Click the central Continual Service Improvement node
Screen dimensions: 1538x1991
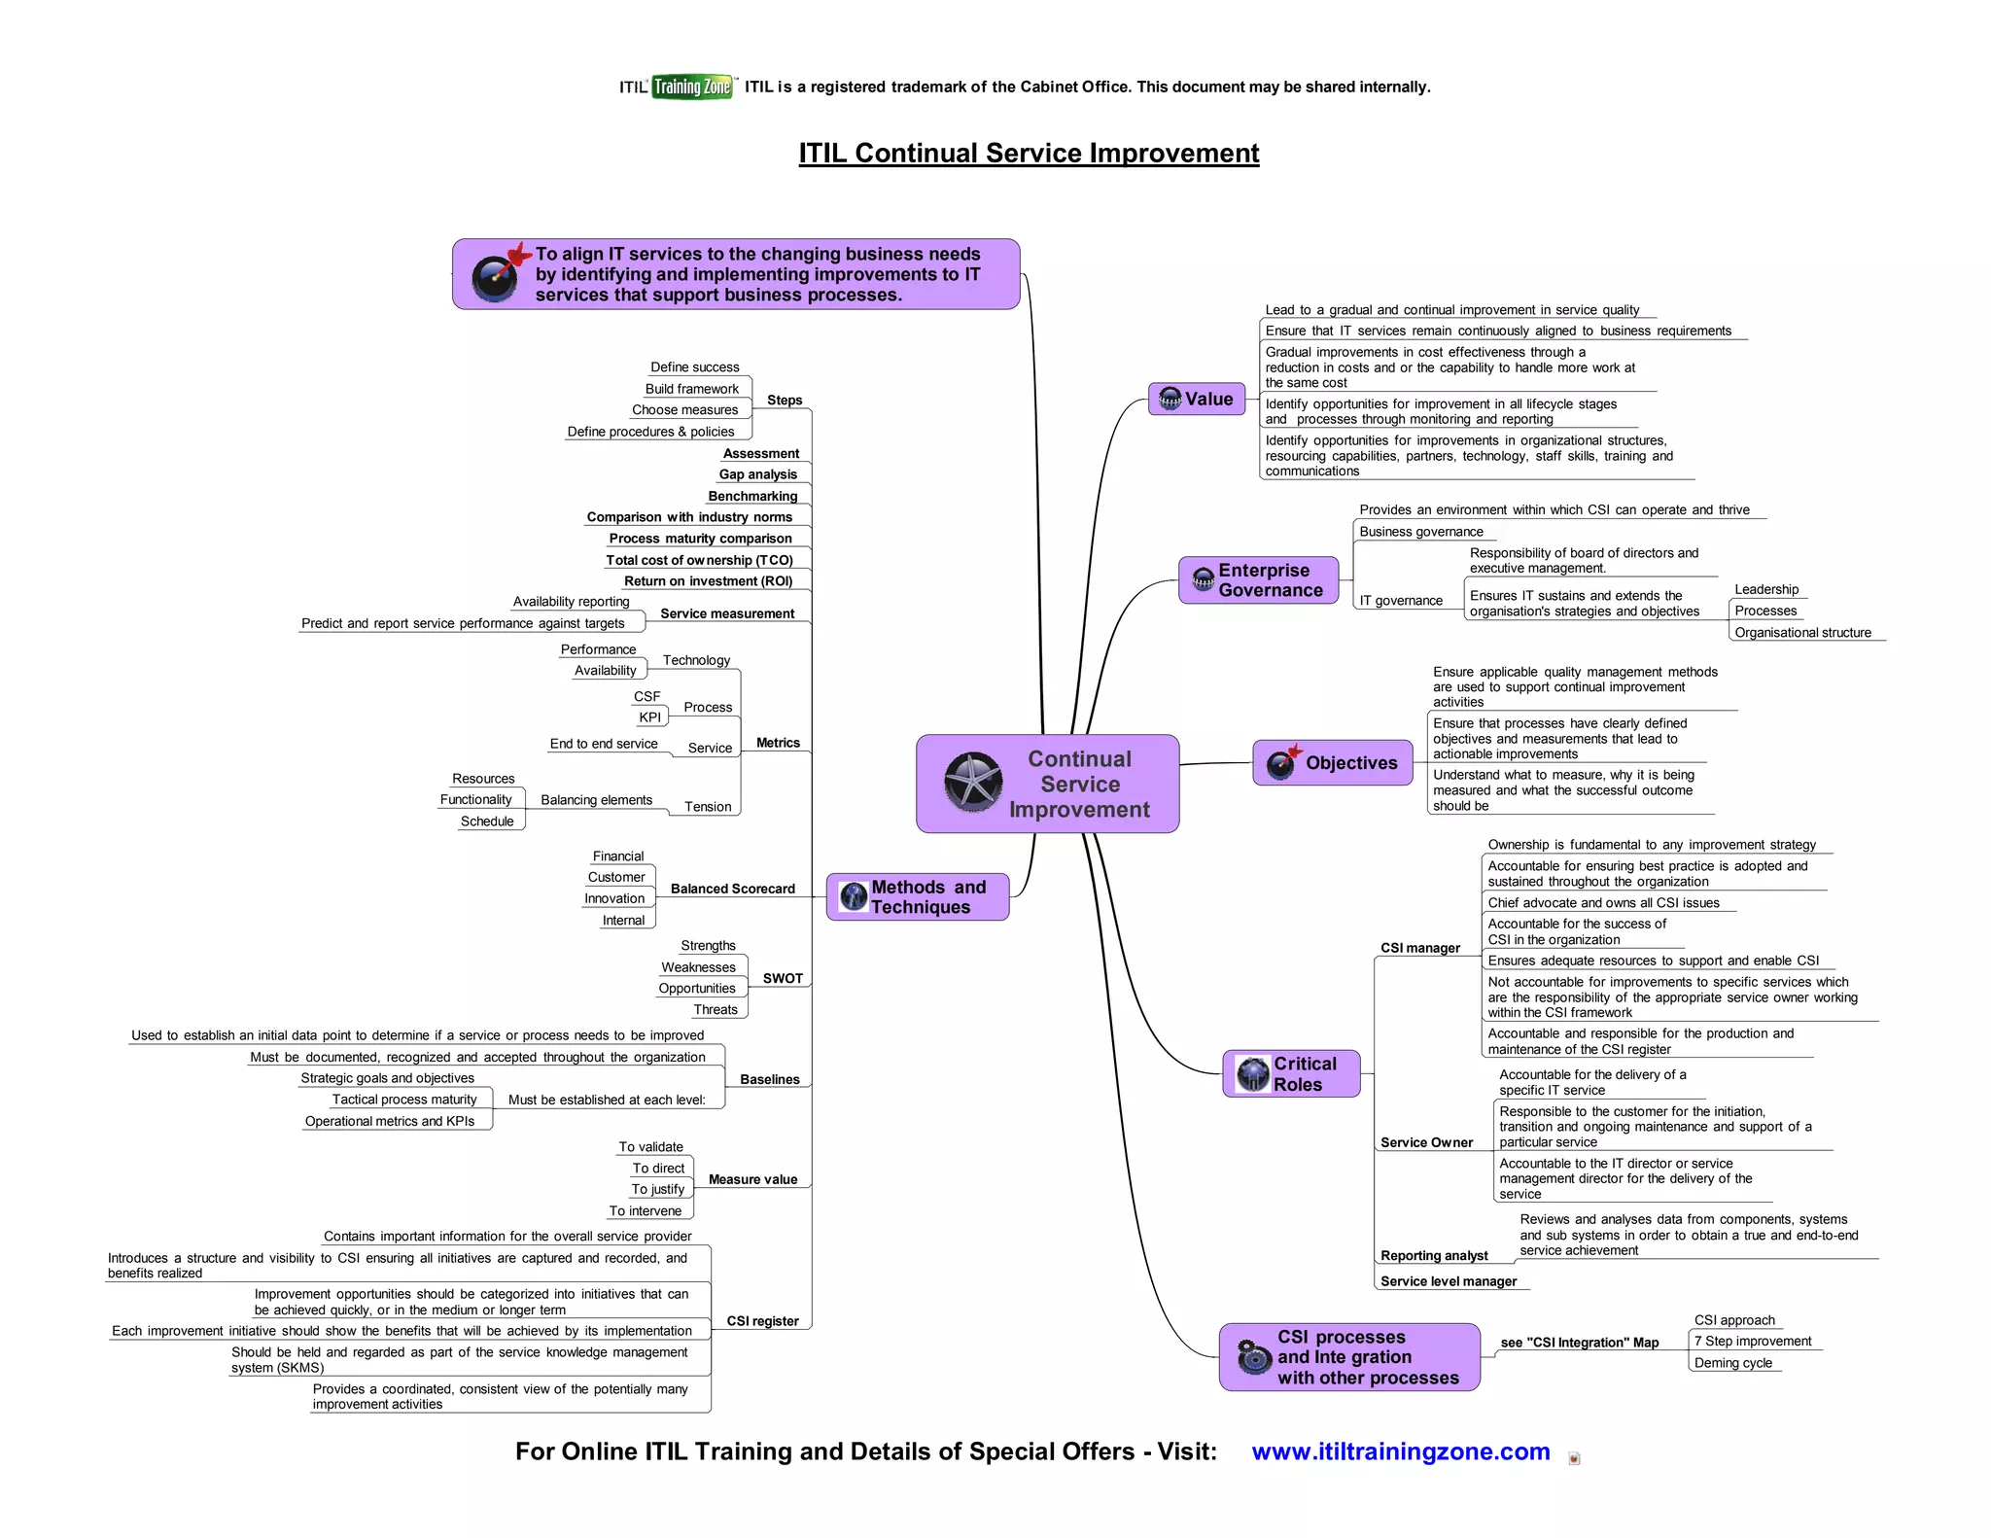pos(1048,784)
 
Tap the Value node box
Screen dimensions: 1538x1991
pos(1197,399)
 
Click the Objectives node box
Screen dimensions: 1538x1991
pos(1332,763)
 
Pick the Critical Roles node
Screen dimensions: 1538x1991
pos(1291,1074)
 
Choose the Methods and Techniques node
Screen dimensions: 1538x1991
pos(917,896)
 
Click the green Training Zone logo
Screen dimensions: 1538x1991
pos(692,87)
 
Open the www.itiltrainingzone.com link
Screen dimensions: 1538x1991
pos(1400,1451)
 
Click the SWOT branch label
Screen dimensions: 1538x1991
pos(783,978)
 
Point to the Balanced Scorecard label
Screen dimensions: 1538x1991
pos(732,889)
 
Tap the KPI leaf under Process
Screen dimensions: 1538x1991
pos(649,717)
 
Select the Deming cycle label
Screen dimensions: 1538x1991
pos(1732,1363)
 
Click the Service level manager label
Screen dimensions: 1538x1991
pos(1448,1281)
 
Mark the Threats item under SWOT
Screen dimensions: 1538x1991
pos(716,1009)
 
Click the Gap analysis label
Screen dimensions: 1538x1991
pos(757,474)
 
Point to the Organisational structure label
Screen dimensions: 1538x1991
pos(1802,633)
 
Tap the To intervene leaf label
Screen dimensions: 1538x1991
pos(645,1210)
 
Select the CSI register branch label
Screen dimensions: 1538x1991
pos(762,1321)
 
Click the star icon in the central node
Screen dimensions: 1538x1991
pos(973,783)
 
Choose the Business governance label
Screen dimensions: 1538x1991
pos(1420,532)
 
